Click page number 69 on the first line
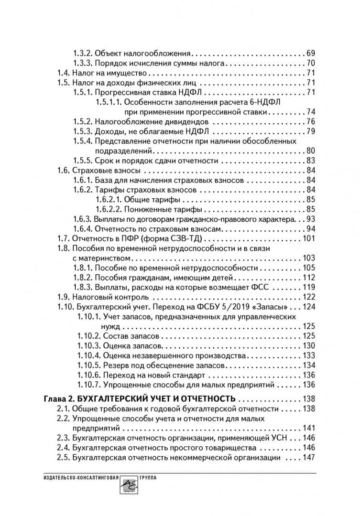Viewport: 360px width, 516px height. (x=310, y=53)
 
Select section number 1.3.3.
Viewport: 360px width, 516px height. (x=82, y=63)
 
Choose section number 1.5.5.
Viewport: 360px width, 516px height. (x=82, y=161)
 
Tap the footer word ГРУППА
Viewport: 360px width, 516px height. (x=147, y=478)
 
